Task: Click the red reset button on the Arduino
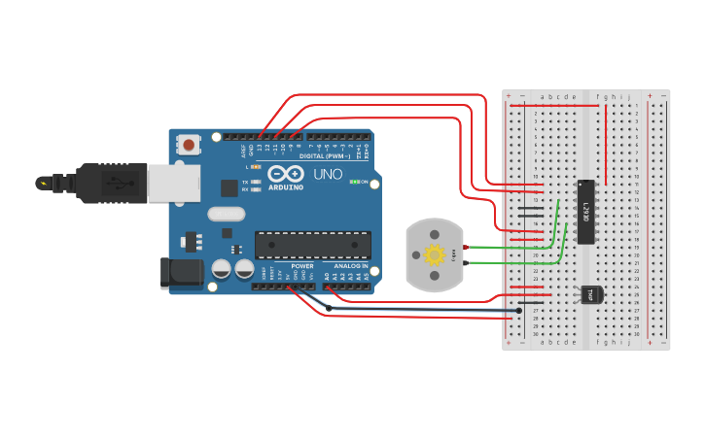click(x=189, y=145)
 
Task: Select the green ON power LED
click(x=356, y=182)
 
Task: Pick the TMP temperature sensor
click(x=589, y=294)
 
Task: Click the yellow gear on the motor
click(x=434, y=255)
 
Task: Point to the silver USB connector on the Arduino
click(x=172, y=182)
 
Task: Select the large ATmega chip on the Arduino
click(x=312, y=245)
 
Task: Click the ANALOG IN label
click(x=351, y=265)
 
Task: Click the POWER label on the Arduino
click(x=302, y=265)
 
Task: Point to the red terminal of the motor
click(x=466, y=248)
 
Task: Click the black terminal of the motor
click(x=466, y=263)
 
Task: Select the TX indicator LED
click(x=255, y=182)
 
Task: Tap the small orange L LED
click(x=255, y=167)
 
